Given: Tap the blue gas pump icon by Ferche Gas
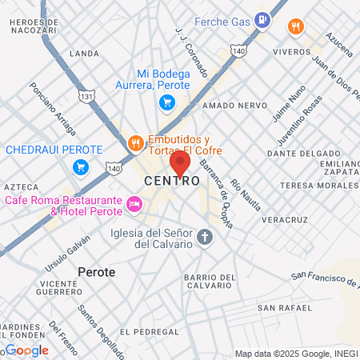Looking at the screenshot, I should (x=262, y=21).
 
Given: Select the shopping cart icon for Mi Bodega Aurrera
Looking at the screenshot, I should (x=166, y=102).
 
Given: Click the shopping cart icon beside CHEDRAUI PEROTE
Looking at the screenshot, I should (x=80, y=166).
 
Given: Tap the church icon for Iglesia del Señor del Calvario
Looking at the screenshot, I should (x=205, y=238).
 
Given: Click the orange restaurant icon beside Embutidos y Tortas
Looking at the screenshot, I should (x=135, y=144).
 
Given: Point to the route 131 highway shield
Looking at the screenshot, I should (x=87, y=96).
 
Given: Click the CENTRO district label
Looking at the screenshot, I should (x=172, y=182).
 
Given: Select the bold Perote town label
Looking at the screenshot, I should (x=97, y=272).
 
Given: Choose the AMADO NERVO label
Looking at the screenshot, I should (x=230, y=105).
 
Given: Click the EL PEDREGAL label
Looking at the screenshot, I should (x=147, y=330).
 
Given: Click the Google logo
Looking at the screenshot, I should (x=27, y=350).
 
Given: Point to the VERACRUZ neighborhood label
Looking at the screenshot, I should (x=284, y=218).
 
